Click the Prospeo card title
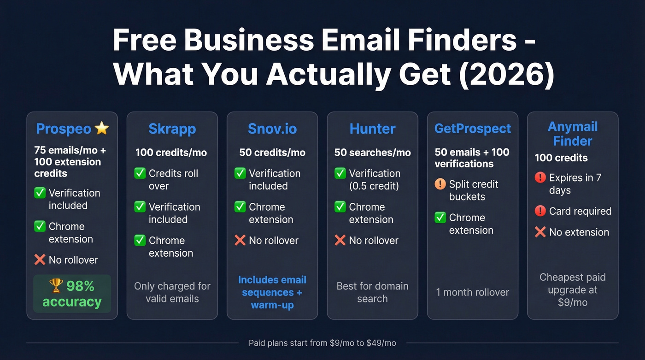(64, 129)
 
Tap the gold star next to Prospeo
(101, 128)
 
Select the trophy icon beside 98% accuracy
(56, 286)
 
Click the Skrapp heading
(172, 129)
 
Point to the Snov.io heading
(272, 129)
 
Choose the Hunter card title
(372, 129)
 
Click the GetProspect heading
(473, 129)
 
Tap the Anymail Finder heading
(573, 134)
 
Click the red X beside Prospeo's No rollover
(40, 260)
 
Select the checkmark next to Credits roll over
(140, 173)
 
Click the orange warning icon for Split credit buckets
(440, 184)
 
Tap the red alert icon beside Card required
(540, 211)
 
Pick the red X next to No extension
(540, 232)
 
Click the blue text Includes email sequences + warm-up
(272, 292)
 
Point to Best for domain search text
(372, 292)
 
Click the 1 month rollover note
(473, 292)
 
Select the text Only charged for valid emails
(172, 292)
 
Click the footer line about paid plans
(322, 343)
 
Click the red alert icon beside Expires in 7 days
(540, 177)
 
